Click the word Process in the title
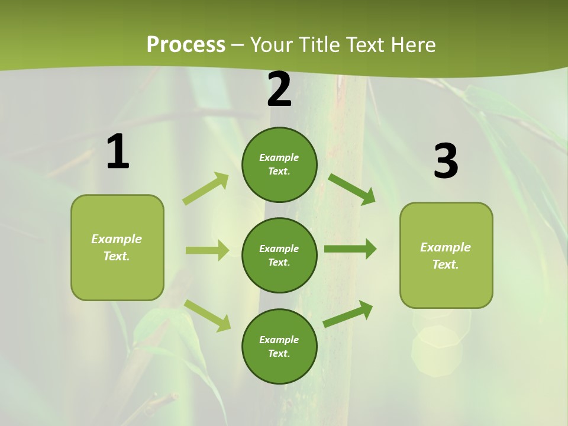pyautogui.click(x=186, y=44)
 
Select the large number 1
pyautogui.click(x=118, y=152)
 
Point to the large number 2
pyautogui.click(x=279, y=90)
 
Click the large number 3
pyautogui.click(x=446, y=162)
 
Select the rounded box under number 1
pyautogui.click(x=117, y=247)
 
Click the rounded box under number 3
pyautogui.click(x=446, y=255)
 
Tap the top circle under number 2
pyautogui.click(x=279, y=164)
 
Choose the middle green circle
pyautogui.click(x=279, y=255)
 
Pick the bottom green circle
pyautogui.click(x=279, y=346)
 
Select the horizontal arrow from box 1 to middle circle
pyautogui.click(x=207, y=250)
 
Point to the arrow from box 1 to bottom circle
pyautogui.click(x=207, y=315)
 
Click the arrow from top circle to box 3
pyautogui.click(x=351, y=189)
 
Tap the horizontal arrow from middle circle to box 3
pyautogui.click(x=350, y=249)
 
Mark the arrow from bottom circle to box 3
pyautogui.click(x=348, y=314)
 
